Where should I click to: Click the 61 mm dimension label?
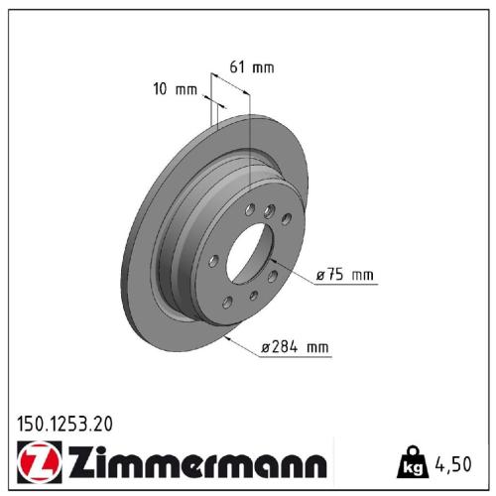pyautogui.click(x=250, y=67)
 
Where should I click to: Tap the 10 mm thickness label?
pyautogui.click(x=175, y=90)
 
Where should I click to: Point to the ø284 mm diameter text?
pyautogui.click(x=295, y=347)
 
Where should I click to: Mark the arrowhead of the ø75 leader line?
pyautogui.click(x=271, y=261)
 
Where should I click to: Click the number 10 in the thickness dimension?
pyautogui.click(x=161, y=90)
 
